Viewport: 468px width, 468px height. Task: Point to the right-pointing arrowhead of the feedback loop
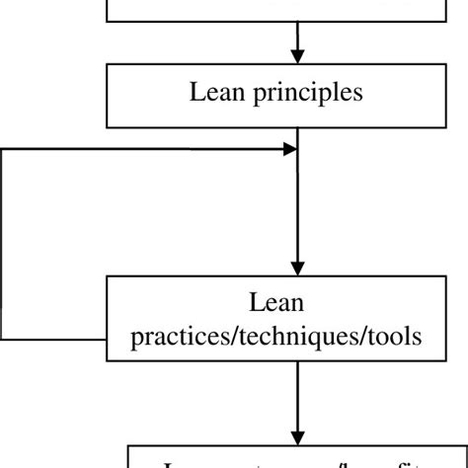[290, 149]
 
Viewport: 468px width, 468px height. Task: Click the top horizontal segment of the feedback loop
[148, 149]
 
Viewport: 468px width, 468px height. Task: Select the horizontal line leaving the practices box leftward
[55, 339]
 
